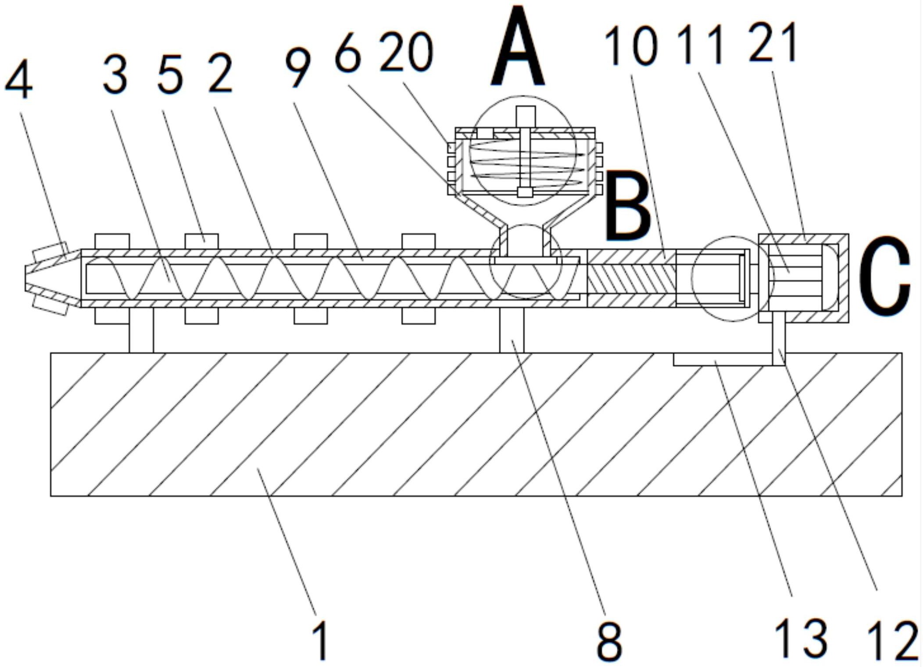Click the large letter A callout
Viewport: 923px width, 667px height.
coord(518,48)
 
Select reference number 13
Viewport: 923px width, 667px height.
coord(801,640)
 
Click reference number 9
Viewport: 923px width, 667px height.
coord(298,68)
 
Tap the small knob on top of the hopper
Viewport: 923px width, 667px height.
coord(525,116)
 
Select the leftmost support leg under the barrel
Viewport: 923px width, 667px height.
coord(141,330)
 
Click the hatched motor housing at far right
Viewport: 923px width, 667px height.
coord(803,278)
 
